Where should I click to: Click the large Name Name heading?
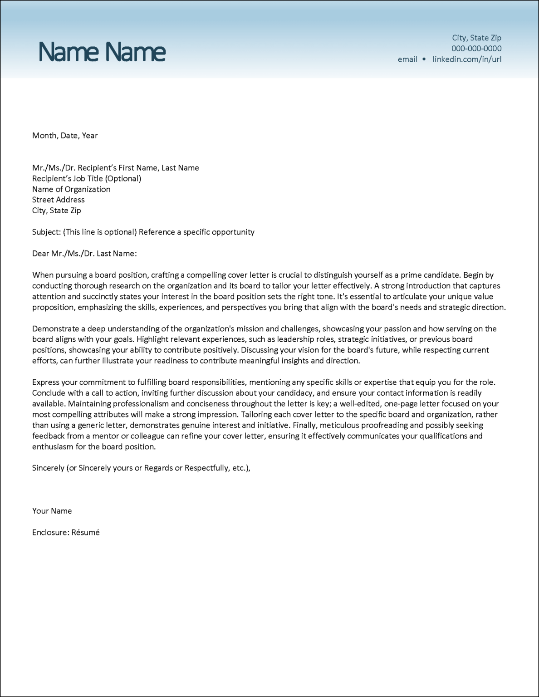[102, 52]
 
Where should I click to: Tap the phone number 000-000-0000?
[476, 49]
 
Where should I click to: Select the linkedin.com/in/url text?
[467, 59]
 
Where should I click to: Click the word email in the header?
[407, 59]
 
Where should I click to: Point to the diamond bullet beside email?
[424, 59]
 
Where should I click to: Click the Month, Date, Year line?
[65, 136]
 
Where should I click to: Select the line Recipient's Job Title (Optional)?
[87, 178]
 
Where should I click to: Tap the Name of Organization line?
[71, 189]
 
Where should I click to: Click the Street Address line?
[58, 200]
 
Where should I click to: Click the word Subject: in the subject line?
[46, 232]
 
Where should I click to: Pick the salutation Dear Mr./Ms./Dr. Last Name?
[84, 254]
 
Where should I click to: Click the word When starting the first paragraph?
[43, 275]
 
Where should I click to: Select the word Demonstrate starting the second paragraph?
[55, 329]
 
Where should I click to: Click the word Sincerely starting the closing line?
[48, 468]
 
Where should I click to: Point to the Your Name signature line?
[52, 511]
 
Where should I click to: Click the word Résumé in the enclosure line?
[85, 532]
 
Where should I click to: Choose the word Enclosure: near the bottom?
[50, 532]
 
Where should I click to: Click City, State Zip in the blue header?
[476, 38]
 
